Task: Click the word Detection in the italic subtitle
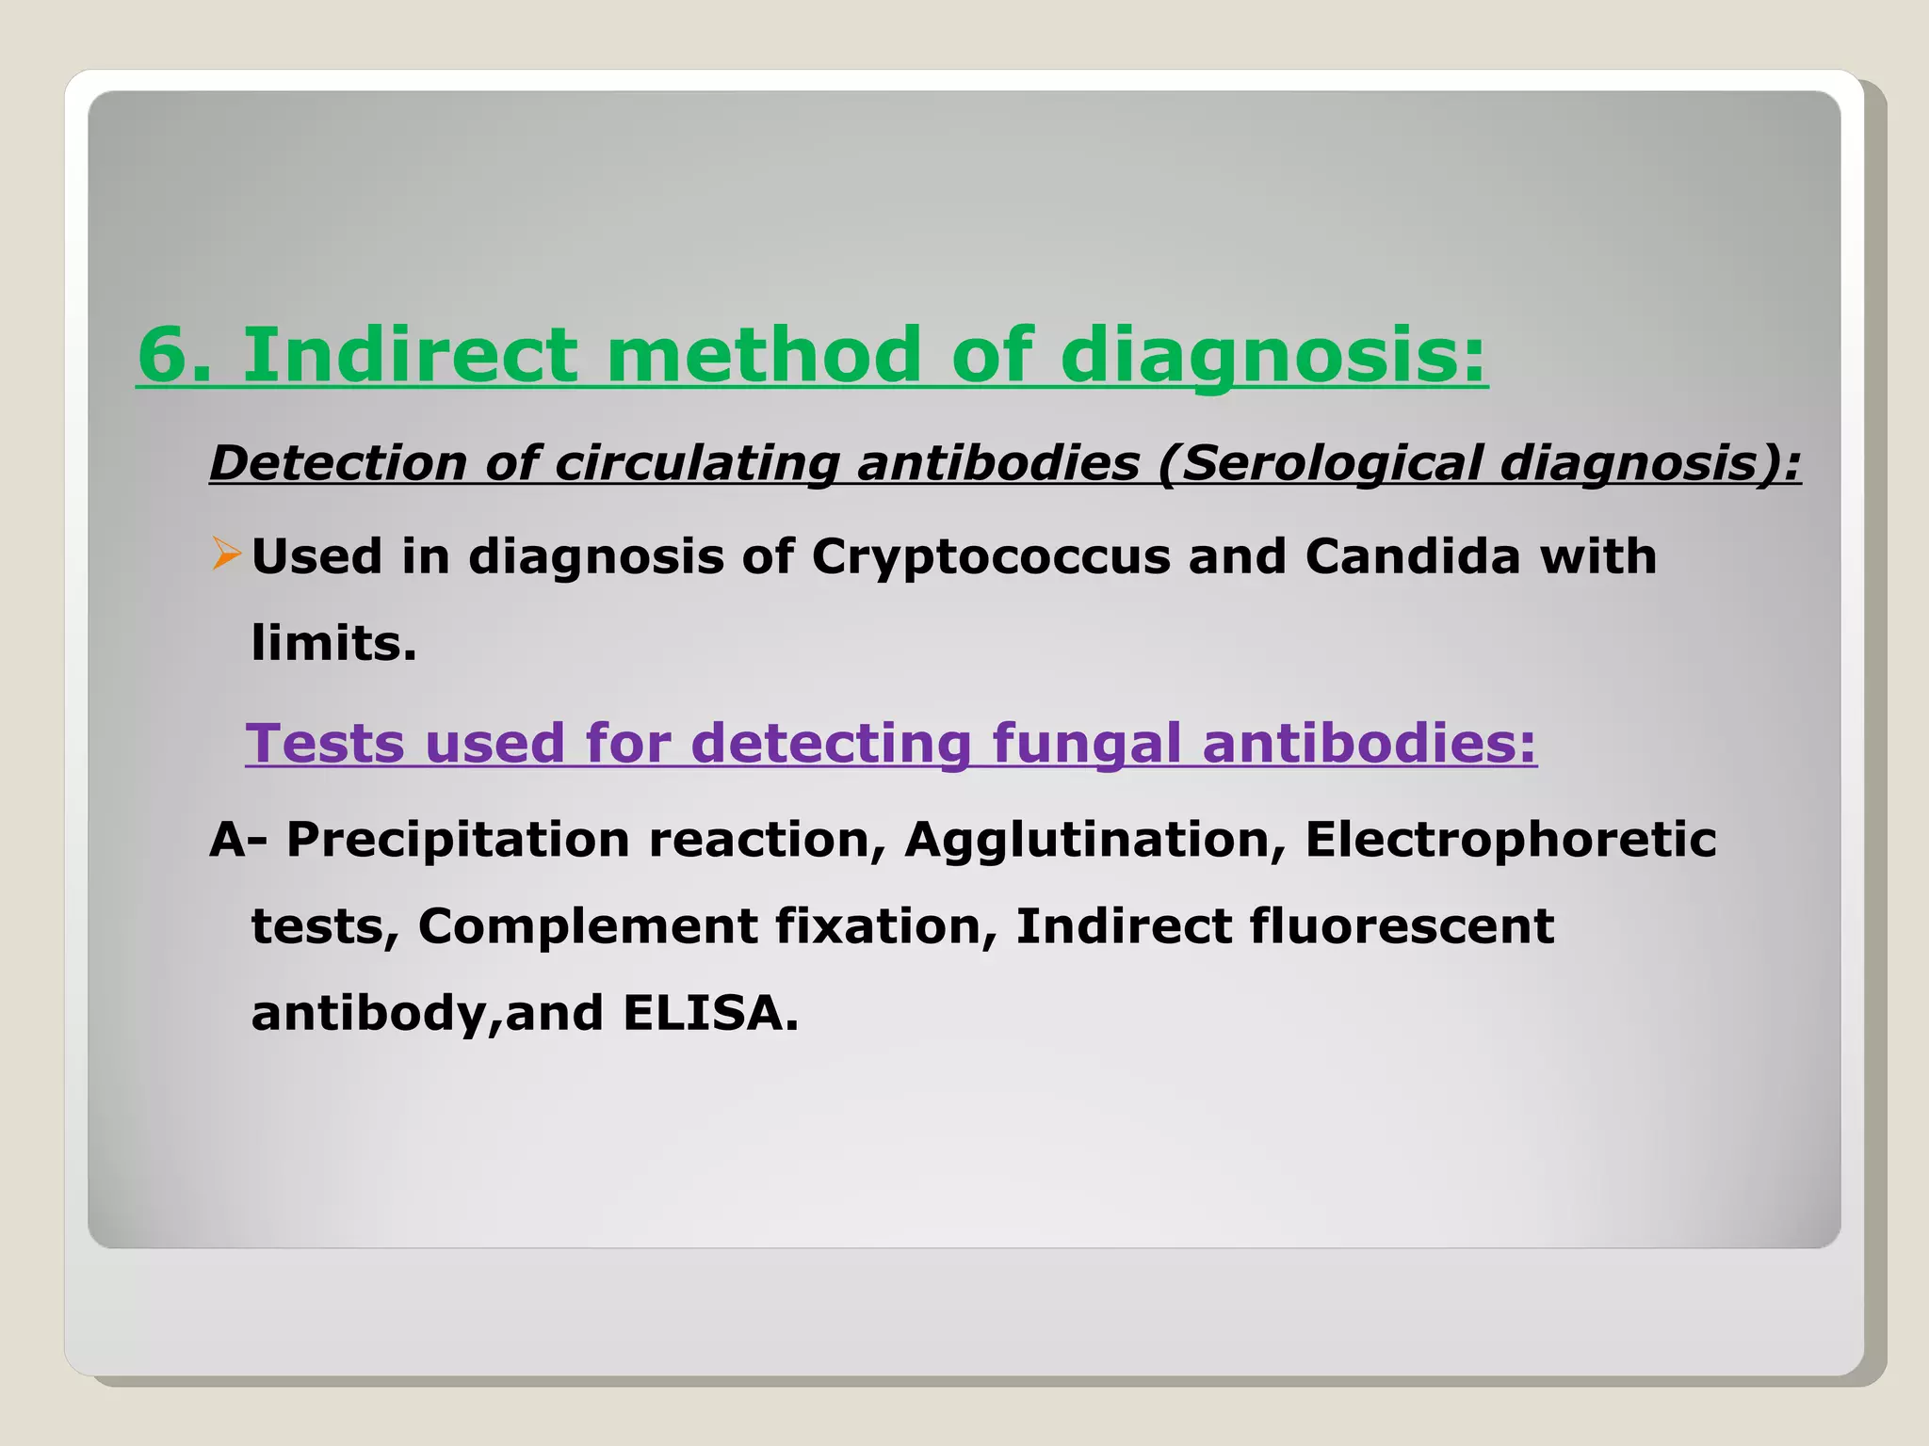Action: pyautogui.click(x=338, y=463)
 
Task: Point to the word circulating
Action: pyautogui.click(x=696, y=463)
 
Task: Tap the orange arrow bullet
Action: pyautogui.click(x=226, y=554)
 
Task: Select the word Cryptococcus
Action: pyautogui.click(x=990, y=556)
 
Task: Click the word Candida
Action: pyautogui.click(x=1413, y=556)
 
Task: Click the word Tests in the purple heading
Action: pyautogui.click(x=325, y=744)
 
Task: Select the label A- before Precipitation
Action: pyautogui.click(x=237, y=840)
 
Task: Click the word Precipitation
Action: pyautogui.click(x=458, y=840)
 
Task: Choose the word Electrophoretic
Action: pyautogui.click(x=1510, y=840)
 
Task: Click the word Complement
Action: pyautogui.click(x=587, y=926)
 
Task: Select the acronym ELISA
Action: pyautogui.click(x=709, y=1014)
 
